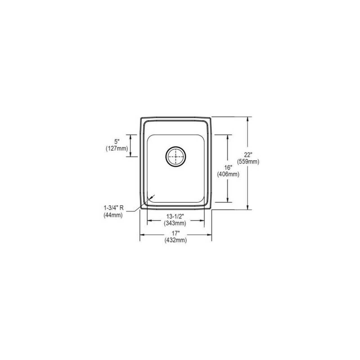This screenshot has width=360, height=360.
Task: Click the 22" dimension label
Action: click(248, 154)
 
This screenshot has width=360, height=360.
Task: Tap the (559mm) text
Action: click(248, 162)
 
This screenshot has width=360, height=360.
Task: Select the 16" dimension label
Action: click(228, 168)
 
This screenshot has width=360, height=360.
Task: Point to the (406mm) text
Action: click(228, 175)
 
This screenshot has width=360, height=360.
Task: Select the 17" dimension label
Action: click(176, 233)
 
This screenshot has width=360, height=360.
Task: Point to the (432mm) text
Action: click(176, 240)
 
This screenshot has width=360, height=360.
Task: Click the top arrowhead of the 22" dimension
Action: click(247, 119)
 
